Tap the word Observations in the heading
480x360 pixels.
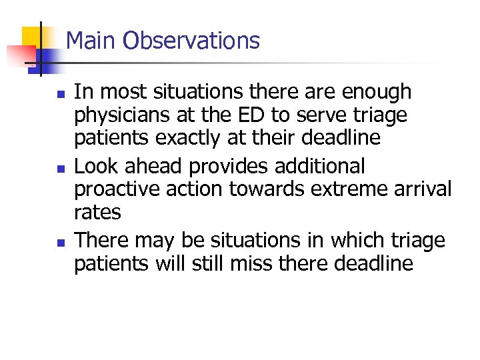(191, 41)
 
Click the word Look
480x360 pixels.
(95, 165)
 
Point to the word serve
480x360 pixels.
(324, 116)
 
